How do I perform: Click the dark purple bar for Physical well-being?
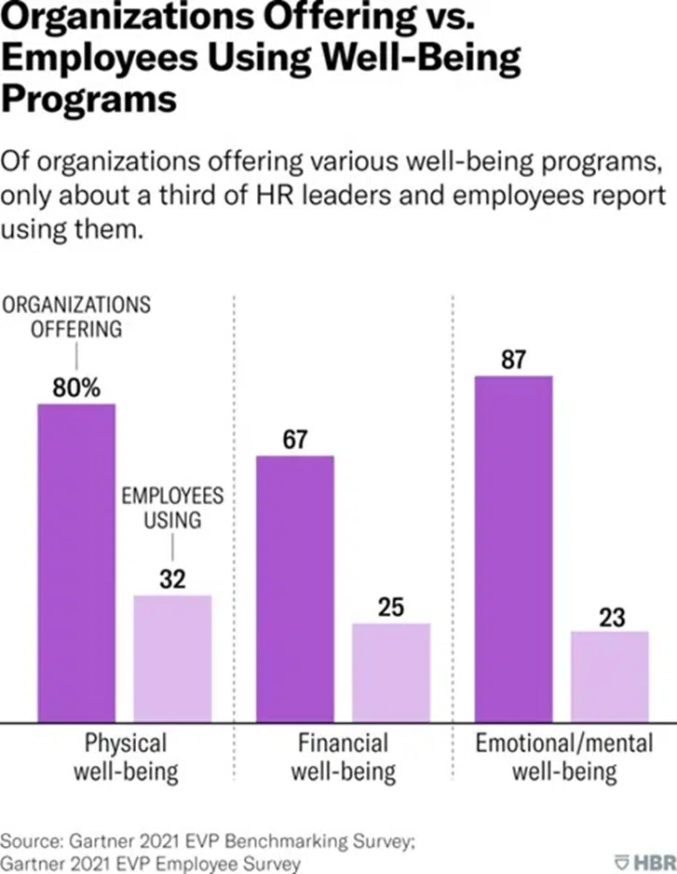76,562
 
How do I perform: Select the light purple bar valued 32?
173,658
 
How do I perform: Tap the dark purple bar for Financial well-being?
294,588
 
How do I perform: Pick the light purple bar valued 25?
391,672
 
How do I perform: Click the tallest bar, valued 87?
513,548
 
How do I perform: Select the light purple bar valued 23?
610,676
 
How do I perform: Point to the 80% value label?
75,389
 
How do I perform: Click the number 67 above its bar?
295,440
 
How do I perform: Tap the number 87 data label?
514,360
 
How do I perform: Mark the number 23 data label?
611,617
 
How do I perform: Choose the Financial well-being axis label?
343,758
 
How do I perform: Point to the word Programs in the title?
89,99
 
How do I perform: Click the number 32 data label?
172,580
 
